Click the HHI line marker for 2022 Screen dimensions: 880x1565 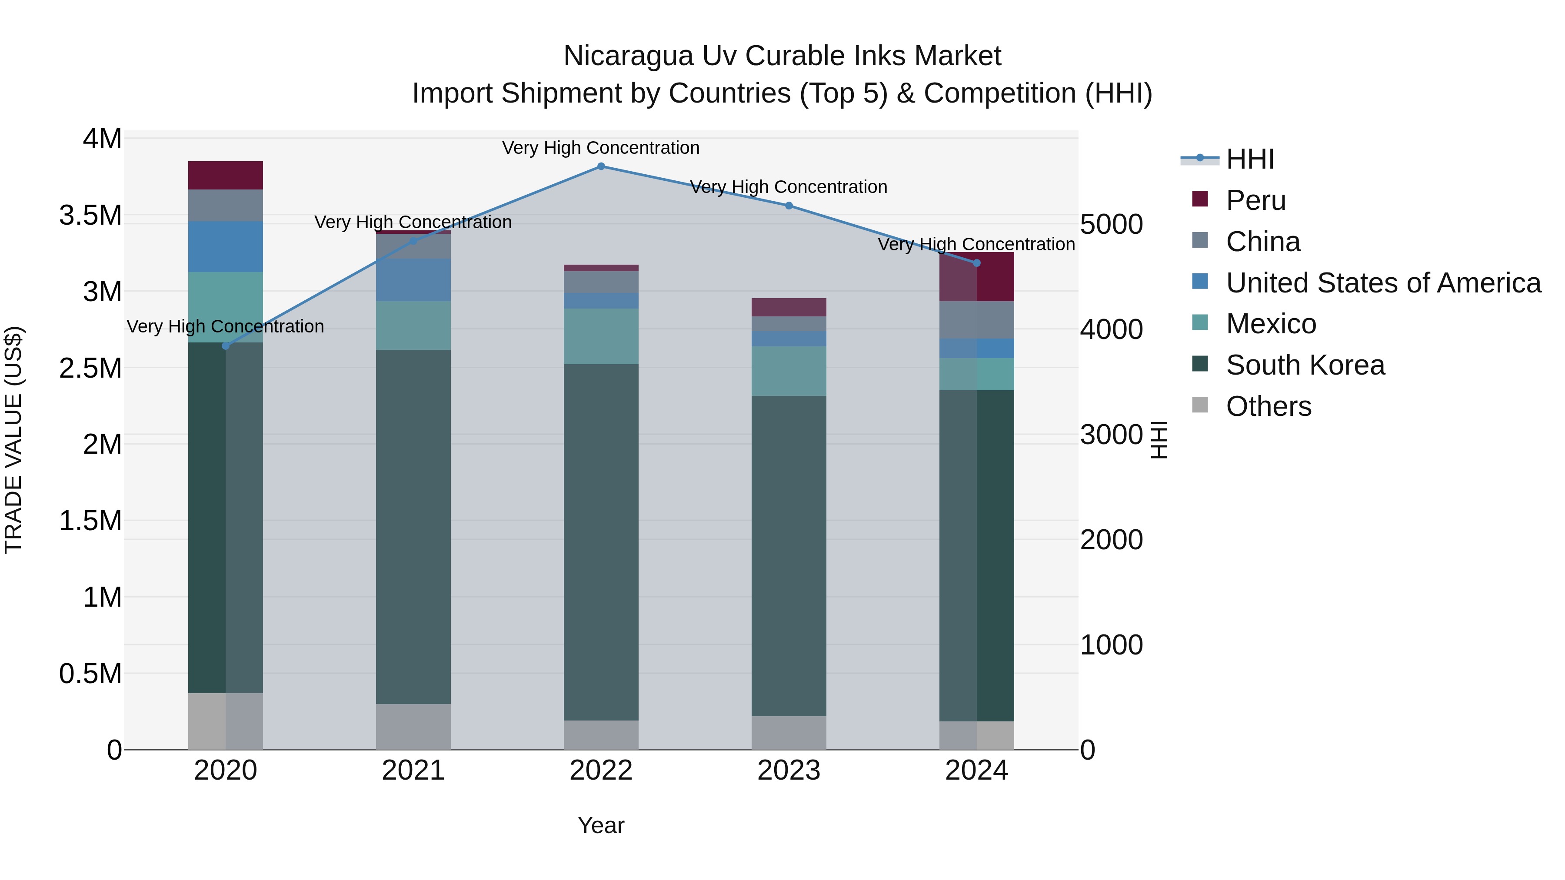(601, 166)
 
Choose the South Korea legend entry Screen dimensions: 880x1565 (1305, 365)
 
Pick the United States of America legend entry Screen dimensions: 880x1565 (1383, 283)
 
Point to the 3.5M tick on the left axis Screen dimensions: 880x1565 (90, 216)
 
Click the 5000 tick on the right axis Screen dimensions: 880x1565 (1111, 224)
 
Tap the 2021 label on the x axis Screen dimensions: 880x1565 (413, 770)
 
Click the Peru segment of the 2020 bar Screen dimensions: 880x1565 (225, 176)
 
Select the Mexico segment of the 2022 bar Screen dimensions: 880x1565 (601, 336)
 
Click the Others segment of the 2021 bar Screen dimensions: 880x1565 (413, 726)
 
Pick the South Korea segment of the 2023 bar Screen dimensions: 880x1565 (789, 556)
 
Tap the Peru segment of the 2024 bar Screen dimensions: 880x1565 (976, 277)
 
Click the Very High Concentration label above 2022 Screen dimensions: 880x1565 (601, 148)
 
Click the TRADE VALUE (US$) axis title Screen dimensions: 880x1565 (13, 440)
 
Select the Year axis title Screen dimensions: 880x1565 (601, 825)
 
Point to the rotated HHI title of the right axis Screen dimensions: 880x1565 (1159, 440)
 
